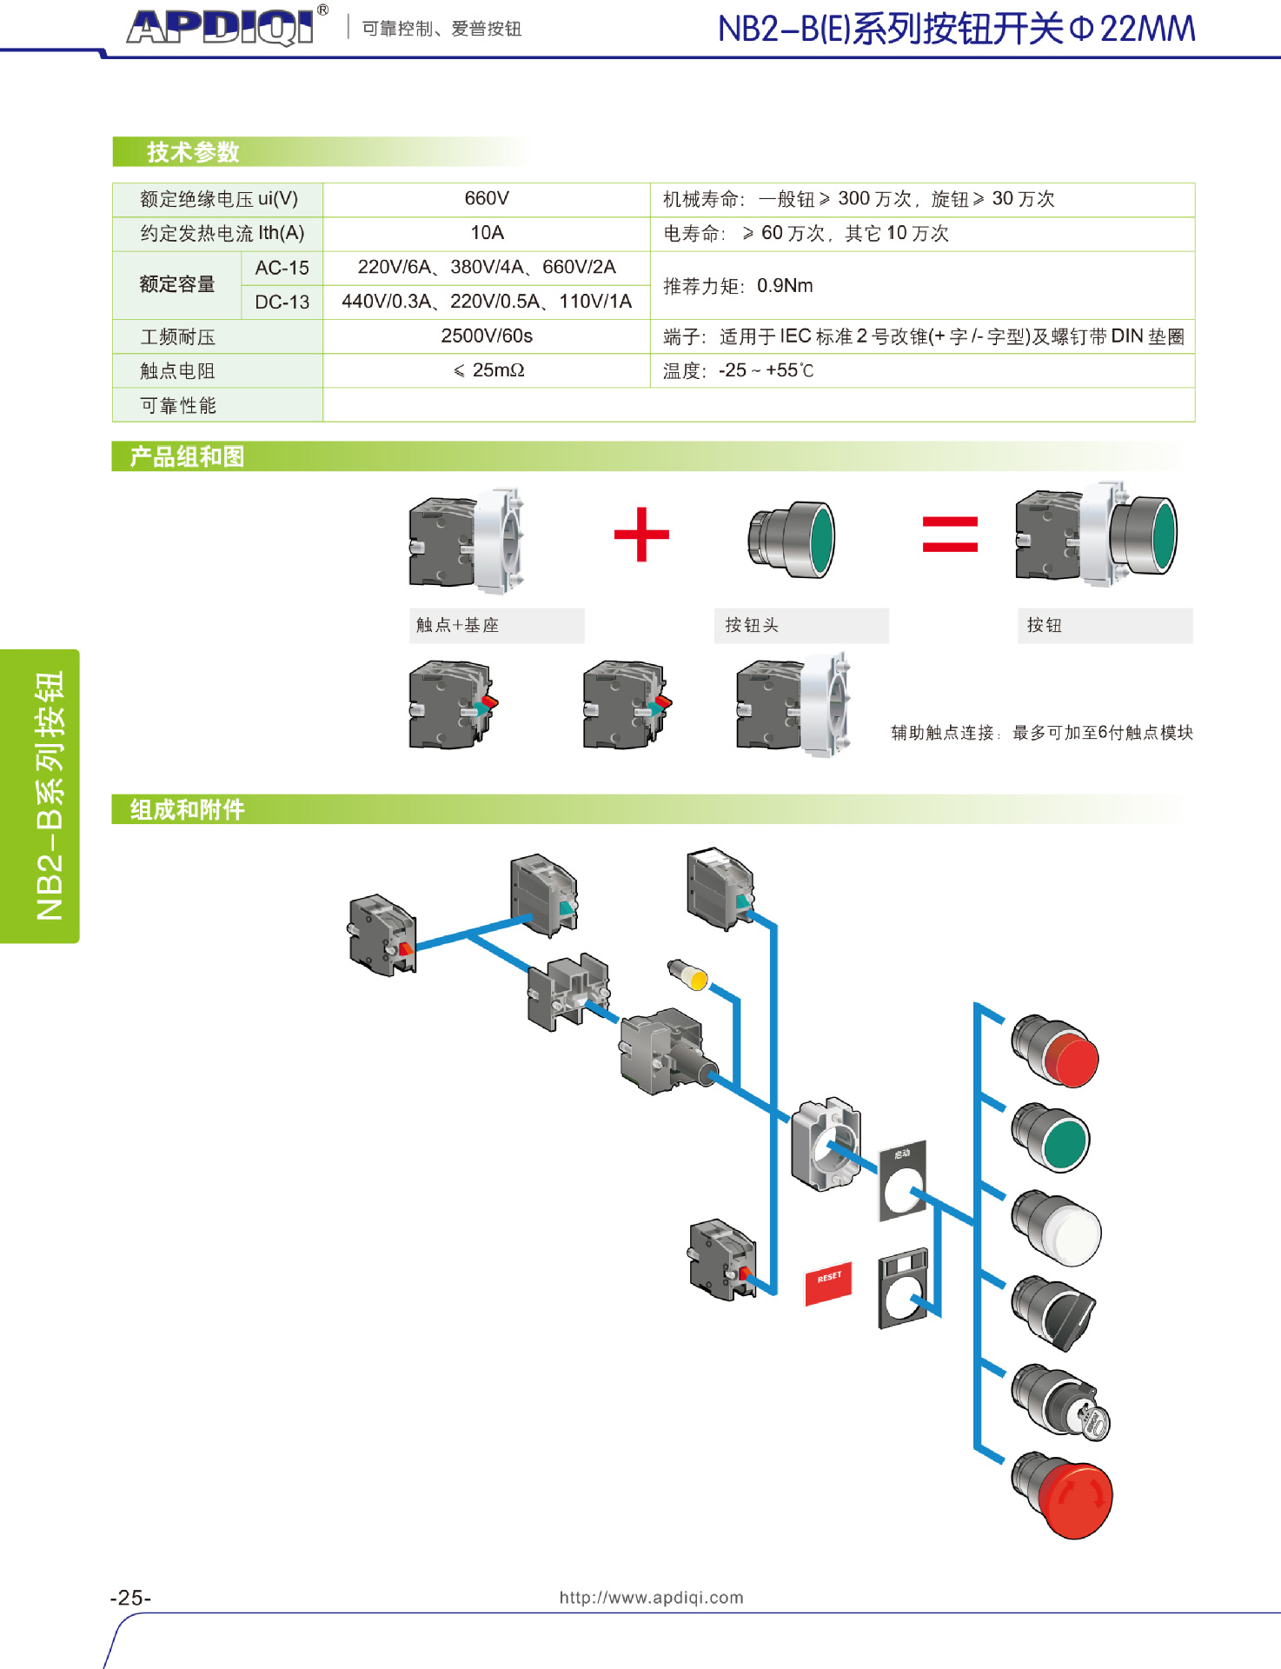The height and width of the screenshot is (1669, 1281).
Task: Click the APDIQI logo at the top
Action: pos(221,27)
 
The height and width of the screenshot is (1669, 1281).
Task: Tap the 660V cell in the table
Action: pos(486,199)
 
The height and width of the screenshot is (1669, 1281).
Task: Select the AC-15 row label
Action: pos(282,268)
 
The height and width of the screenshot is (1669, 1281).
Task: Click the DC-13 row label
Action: pos(282,302)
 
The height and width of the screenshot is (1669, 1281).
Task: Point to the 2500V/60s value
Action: pos(486,336)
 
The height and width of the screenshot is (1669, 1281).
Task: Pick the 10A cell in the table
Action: pos(487,233)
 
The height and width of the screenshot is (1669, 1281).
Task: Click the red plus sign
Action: pos(641,534)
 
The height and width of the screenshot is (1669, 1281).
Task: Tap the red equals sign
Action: pos(950,534)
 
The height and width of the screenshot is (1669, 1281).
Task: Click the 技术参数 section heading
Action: pos(193,152)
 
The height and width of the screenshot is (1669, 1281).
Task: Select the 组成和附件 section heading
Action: pos(188,809)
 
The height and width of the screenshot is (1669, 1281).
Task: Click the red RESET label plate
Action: pos(828,1281)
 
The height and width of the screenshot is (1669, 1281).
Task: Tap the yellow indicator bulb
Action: pos(688,975)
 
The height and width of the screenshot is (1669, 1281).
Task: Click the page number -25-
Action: pos(130,1598)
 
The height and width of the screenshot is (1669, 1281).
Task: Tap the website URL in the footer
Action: pos(651,1597)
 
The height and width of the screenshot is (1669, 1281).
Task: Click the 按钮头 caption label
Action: pos(752,625)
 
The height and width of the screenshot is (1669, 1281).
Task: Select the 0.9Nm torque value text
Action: pos(785,286)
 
